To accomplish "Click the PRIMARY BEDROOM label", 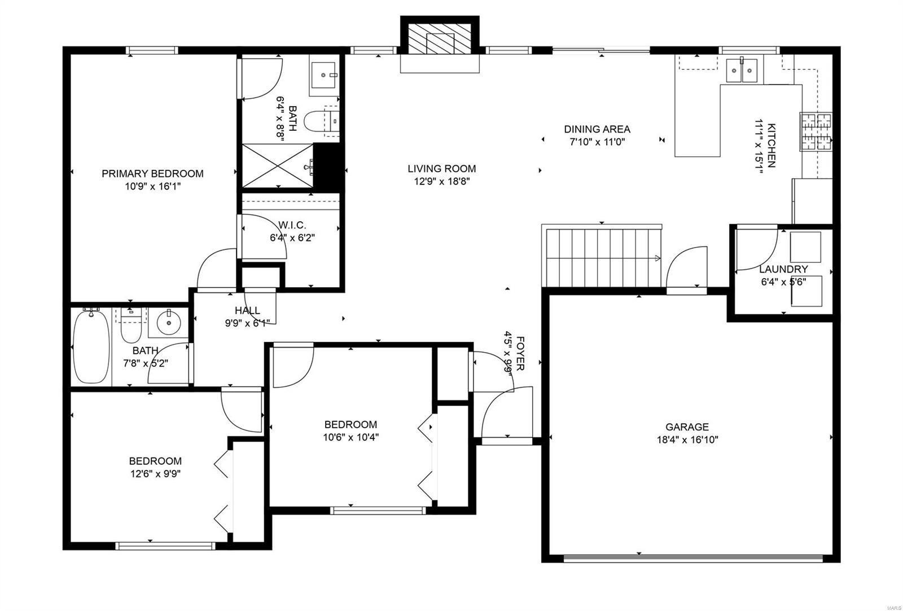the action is click(x=152, y=174).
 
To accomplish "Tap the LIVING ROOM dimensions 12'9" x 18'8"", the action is click(x=442, y=181).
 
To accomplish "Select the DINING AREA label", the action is click(x=597, y=129).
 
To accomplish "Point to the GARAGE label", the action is click(x=687, y=427).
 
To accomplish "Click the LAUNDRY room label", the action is click(x=783, y=269).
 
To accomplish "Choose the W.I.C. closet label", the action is click(x=292, y=225).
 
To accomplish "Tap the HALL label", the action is click(x=247, y=310).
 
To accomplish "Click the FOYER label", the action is click(x=520, y=354).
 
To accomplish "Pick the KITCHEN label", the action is click(x=771, y=145).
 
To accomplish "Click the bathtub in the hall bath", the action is click(x=91, y=346).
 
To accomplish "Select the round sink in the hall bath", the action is click(x=169, y=322).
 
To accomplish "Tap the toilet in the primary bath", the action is click(x=321, y=121).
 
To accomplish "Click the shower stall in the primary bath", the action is click(x=277, y=166).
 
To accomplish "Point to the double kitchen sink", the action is click(x=742, y=70).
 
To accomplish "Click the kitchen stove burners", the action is click(x=816, y=132).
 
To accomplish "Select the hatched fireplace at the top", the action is click(x=440, y=39).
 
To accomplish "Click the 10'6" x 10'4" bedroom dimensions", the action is click(x=350, y=437).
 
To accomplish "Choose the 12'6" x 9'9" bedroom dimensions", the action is click(x=155, y=473).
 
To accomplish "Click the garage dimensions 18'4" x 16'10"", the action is click(x=687, y=439).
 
